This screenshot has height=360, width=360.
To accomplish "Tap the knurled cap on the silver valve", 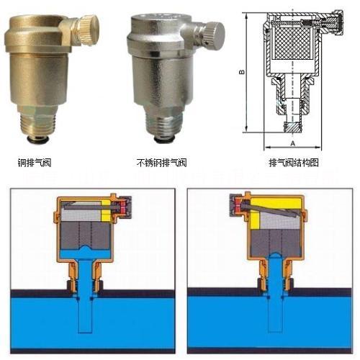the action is [x=215, y=35].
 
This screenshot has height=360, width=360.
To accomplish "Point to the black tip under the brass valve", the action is [x=37, y=138].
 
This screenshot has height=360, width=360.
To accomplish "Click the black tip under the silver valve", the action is [x=164, y=140].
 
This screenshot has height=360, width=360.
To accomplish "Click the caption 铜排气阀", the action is [x=35, y=163].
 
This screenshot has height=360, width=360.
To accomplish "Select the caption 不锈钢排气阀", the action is [x=161, y=163].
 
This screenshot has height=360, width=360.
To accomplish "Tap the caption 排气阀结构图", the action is [x=294, y=163].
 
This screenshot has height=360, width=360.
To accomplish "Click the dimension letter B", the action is [x=242, y=72].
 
